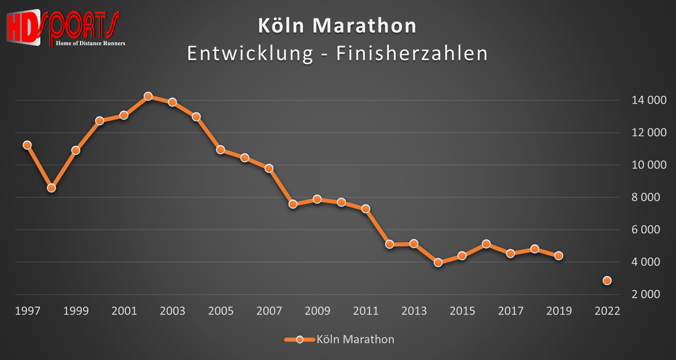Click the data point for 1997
[27, 145]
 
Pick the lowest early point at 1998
[51, 188]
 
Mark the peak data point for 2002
[148, 96]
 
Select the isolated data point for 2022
[607, 281]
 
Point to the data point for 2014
[438, 263]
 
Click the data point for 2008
[293, 204]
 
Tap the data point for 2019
[558, 256]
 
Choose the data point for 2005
[220, 150]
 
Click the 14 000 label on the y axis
[642, 101]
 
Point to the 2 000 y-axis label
[642, 295]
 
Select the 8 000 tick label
[642, 198]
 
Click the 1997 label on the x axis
[27, 311]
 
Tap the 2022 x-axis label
[607, 311]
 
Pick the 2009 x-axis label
[317, 311]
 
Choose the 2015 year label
[462, 311]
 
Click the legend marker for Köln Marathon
[300, 339]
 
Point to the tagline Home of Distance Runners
[91, 43]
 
